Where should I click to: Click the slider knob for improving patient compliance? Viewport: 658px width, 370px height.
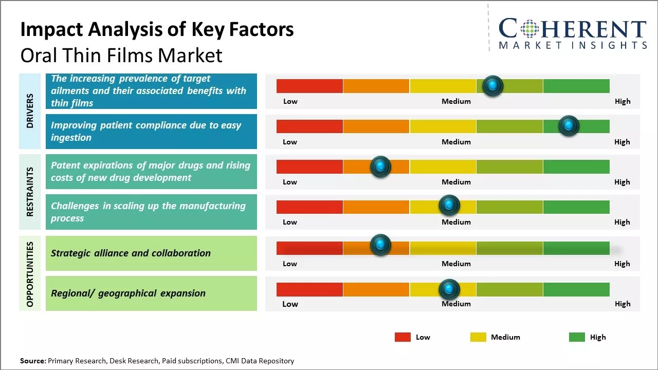click(x=569, y=126)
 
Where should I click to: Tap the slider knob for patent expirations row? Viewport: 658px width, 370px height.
click(x=380, y=166)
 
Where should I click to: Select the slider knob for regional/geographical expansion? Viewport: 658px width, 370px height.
click(x=449, y=289)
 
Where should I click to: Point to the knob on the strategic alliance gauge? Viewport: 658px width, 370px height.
click(x=380, y=246)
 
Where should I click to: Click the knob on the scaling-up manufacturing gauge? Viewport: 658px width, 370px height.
click(x=449, y=206)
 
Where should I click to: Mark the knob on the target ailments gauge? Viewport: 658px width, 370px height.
click(x=493, y=86)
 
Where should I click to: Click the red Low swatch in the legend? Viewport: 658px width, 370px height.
click(x=403, y=337)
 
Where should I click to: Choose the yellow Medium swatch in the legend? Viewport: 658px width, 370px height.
click(x=478, y=337)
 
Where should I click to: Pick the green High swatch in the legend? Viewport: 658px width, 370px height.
click(x=577, y=337)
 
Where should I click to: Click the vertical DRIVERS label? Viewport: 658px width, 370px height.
click(x=30, y=111)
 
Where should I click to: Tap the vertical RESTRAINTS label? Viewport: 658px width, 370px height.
click(x=30, y=192)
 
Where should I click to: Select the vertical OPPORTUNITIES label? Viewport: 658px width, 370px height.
click(x=30, y=274)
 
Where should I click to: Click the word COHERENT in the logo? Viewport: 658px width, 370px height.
click(x=573, y=29)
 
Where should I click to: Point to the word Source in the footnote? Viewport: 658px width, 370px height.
click(x=32, y=361)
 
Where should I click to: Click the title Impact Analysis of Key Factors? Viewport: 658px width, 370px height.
click(x=157, y=29)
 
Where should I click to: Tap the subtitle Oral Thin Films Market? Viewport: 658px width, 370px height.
click(x=121, y=55)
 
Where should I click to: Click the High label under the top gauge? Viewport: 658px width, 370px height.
click(x=622, y=101)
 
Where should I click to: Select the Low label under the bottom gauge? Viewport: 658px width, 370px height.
click(x=290, y=304)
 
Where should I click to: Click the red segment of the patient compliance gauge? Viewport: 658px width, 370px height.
click(x=309, y=126)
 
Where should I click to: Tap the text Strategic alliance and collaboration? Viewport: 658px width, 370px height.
click(x=131, y=253)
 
